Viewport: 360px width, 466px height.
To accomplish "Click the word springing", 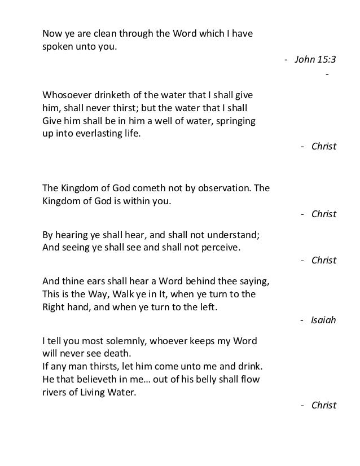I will [235, 121].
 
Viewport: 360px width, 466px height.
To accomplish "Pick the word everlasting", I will [99, 135].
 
